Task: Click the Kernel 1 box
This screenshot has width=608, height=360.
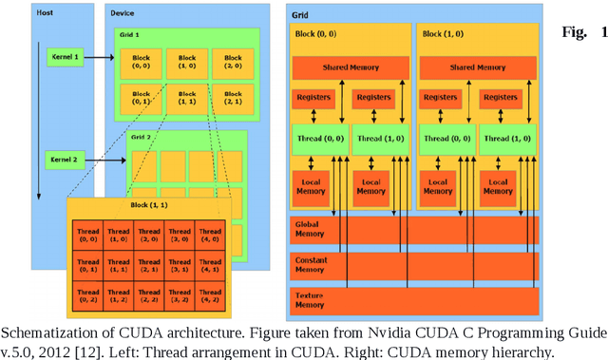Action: point(63,59)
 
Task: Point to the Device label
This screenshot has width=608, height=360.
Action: point(123,14)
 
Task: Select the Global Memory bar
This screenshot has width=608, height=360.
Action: point(415,230)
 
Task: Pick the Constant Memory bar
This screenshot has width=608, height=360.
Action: point(415,265)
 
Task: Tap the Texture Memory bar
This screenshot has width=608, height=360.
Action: point(415,300)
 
